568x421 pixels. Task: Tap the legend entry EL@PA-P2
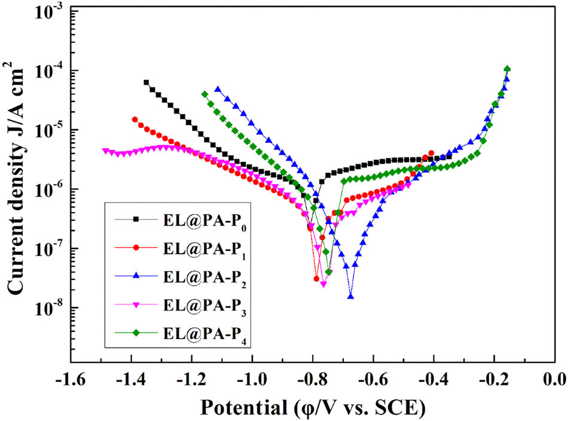[203, 276]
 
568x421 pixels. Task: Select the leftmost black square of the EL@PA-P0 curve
[146, 82]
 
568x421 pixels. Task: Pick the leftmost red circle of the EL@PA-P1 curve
[135, 119]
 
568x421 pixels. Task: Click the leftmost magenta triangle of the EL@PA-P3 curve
[105, 151]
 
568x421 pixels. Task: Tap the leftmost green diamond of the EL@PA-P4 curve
[204, 94]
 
